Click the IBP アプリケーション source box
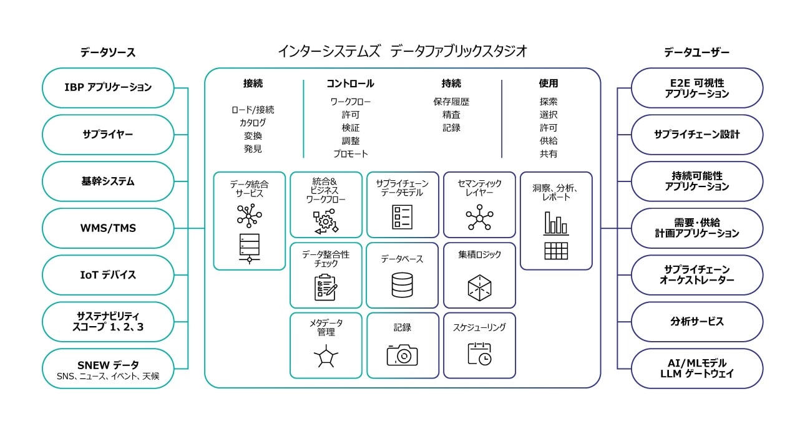[108, 87]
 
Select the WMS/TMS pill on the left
[108, 228]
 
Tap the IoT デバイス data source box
[108, 275]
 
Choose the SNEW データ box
[108, 369]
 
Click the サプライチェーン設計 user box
[697, 134]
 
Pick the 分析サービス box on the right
[697, 322]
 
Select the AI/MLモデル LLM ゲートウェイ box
[697, 369]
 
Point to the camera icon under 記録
[402, 355]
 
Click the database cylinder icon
[402, 285]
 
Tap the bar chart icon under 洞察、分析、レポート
[556, 223]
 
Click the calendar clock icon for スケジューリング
[479, 354]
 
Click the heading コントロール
[350, 84]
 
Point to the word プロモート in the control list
[350, 154]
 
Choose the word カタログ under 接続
[253, 123]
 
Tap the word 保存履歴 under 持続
[451, 102]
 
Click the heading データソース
[108, 52]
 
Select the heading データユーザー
[696, 52]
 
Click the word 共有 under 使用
[549, 154]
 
